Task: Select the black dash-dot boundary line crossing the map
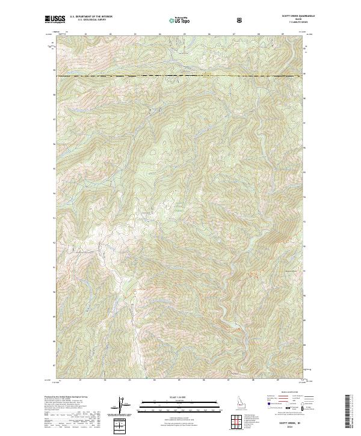coord(180,76)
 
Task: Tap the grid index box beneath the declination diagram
coord(122,426)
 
